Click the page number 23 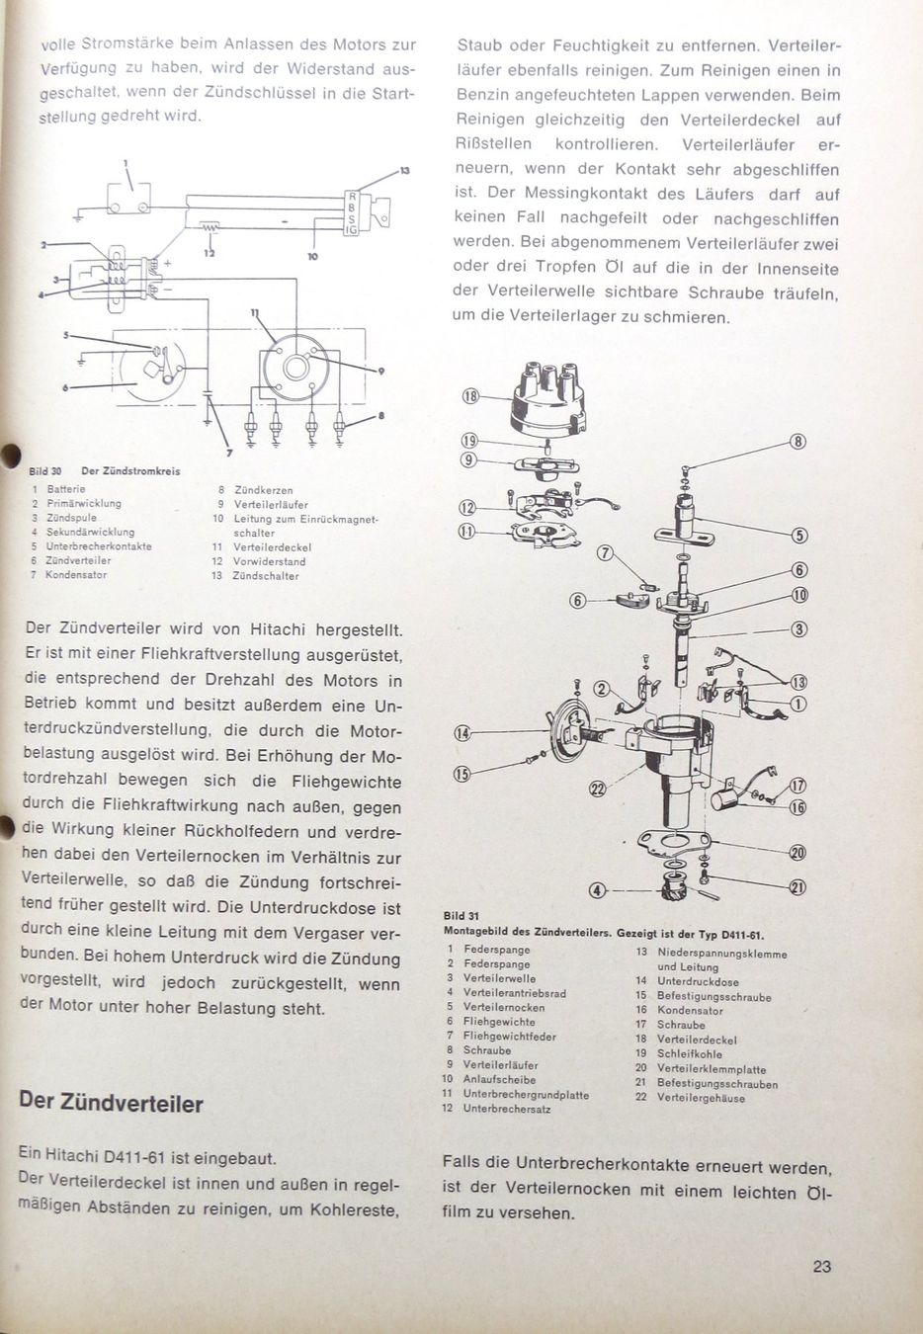[x=821, y=1266]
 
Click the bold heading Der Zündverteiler [x=112, y=1103]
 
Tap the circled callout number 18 [x=470, y=396]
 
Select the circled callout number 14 [x=462, y=733]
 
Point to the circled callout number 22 [x=597, y=788]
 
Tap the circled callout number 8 [x=798, y=443]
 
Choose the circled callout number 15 [x=462, y=774]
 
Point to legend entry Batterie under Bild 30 [x=65, y=489]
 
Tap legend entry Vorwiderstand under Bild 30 [x=269, y=561]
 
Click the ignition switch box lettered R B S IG [x=349, y=212]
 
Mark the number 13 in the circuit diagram [x=404, y=171]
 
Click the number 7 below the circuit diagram [x=229, y=453]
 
